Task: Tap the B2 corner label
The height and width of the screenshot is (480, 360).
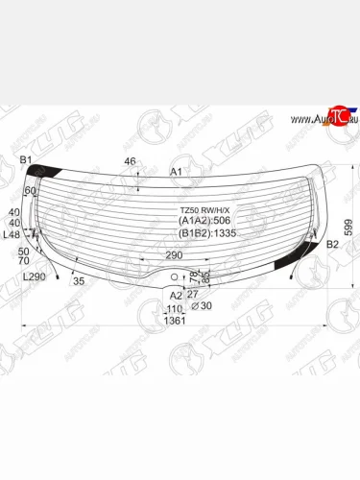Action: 333,246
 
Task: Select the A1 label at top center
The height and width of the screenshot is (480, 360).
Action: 177,171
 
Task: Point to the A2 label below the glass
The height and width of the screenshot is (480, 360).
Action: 175,296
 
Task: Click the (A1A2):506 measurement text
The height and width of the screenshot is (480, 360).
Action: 205,221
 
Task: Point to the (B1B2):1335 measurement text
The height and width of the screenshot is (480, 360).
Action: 208,232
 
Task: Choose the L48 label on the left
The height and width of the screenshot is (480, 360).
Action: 12,234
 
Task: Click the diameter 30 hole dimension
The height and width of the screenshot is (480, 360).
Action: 201,306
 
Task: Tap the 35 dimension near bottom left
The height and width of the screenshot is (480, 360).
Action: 79,281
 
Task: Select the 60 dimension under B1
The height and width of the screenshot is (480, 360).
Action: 30,191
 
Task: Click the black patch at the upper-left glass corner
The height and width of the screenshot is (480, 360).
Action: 43,172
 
